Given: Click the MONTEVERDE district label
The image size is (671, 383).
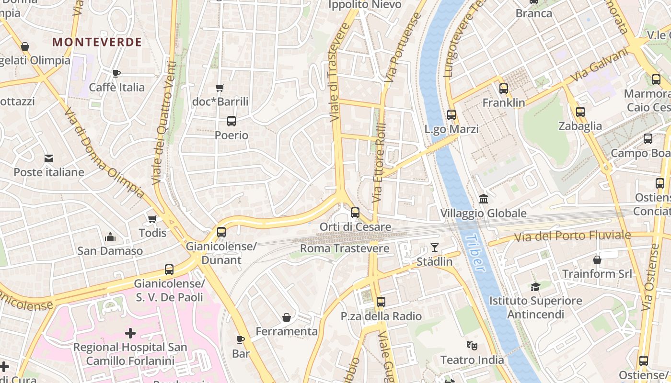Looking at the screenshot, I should point(97,42).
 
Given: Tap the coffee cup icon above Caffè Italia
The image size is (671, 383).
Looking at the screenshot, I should point(116,73).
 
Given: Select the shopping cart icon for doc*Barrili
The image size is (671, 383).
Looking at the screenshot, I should point(220,88).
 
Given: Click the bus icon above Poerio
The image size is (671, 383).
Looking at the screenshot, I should point(231,121).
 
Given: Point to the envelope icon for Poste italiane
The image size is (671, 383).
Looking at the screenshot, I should point(49,158).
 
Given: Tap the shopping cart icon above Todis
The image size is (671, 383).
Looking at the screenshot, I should point(152,219).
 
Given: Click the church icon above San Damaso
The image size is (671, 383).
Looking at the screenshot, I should point(110,237).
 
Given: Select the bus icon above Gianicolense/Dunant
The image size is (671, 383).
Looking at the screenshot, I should point(221,232).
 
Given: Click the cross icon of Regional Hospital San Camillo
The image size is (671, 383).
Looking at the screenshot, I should point(130,333).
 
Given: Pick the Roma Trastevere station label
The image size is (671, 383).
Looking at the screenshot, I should point(345,248).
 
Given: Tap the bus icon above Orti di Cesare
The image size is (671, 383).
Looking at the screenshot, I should point(355,213).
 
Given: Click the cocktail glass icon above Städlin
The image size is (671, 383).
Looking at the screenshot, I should point(434,248).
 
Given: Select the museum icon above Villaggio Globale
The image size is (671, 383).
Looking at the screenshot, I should point(484,199).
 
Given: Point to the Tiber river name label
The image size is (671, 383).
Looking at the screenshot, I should point(475,253).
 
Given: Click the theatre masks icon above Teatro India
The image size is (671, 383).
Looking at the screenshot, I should point(472,345).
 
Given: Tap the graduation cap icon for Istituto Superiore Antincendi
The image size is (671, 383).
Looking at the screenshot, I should point(535,287).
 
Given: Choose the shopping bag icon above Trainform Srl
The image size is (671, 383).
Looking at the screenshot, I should point(597,260).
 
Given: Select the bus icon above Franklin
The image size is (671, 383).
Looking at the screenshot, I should point(504,89).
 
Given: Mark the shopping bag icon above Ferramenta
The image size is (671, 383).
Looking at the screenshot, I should point(287,317).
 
